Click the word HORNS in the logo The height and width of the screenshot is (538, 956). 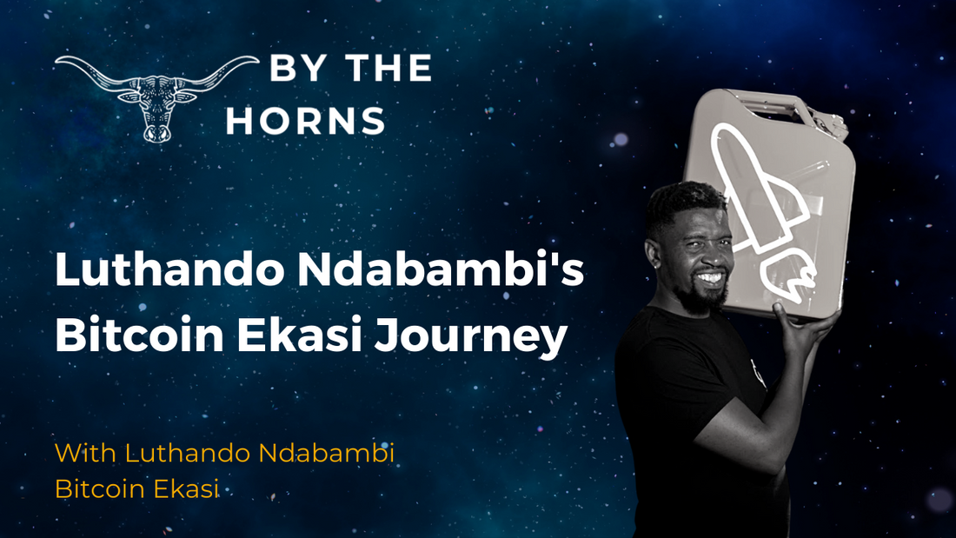coord(305,122)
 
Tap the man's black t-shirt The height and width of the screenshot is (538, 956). coord(687,391)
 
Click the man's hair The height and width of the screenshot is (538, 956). coord(682,198)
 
